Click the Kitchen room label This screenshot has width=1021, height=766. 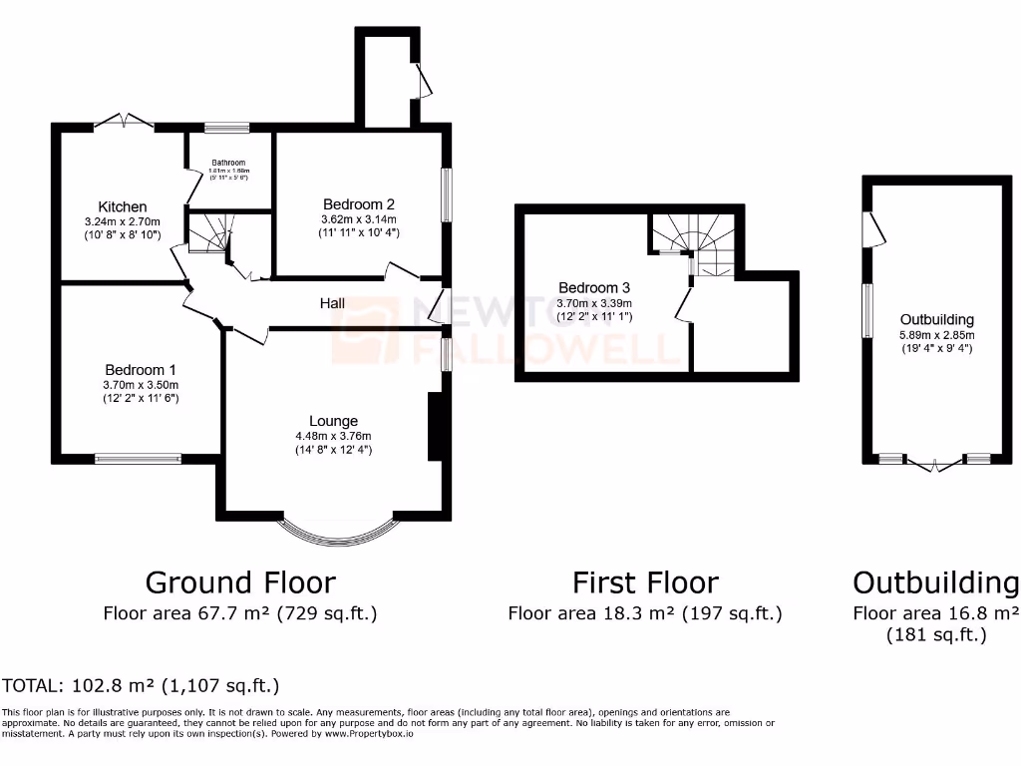[x=123, y=206]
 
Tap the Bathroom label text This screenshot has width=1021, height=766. [x=227, y=163]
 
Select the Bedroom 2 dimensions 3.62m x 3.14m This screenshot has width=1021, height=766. [x=359, y=219]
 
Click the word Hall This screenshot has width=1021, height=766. [x=333, y=302]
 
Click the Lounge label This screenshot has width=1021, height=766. [x=333, y=421]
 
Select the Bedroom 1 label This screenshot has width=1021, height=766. [x=140, y=368]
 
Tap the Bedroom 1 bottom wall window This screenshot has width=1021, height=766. [x=138, y=459]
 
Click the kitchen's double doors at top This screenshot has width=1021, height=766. [x=125, y=123]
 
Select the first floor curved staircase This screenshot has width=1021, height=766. [x=698, y=244]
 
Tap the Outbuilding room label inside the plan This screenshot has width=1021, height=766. [x=936, y=320]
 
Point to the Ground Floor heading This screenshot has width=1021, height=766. [x=240, y=581]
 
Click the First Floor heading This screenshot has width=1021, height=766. [x=645, y=581]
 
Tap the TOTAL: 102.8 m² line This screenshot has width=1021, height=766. [x=141, y=685]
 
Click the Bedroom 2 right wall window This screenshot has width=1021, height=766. [x=447, y=194]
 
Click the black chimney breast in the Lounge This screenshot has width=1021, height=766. [x=435, y=427]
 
